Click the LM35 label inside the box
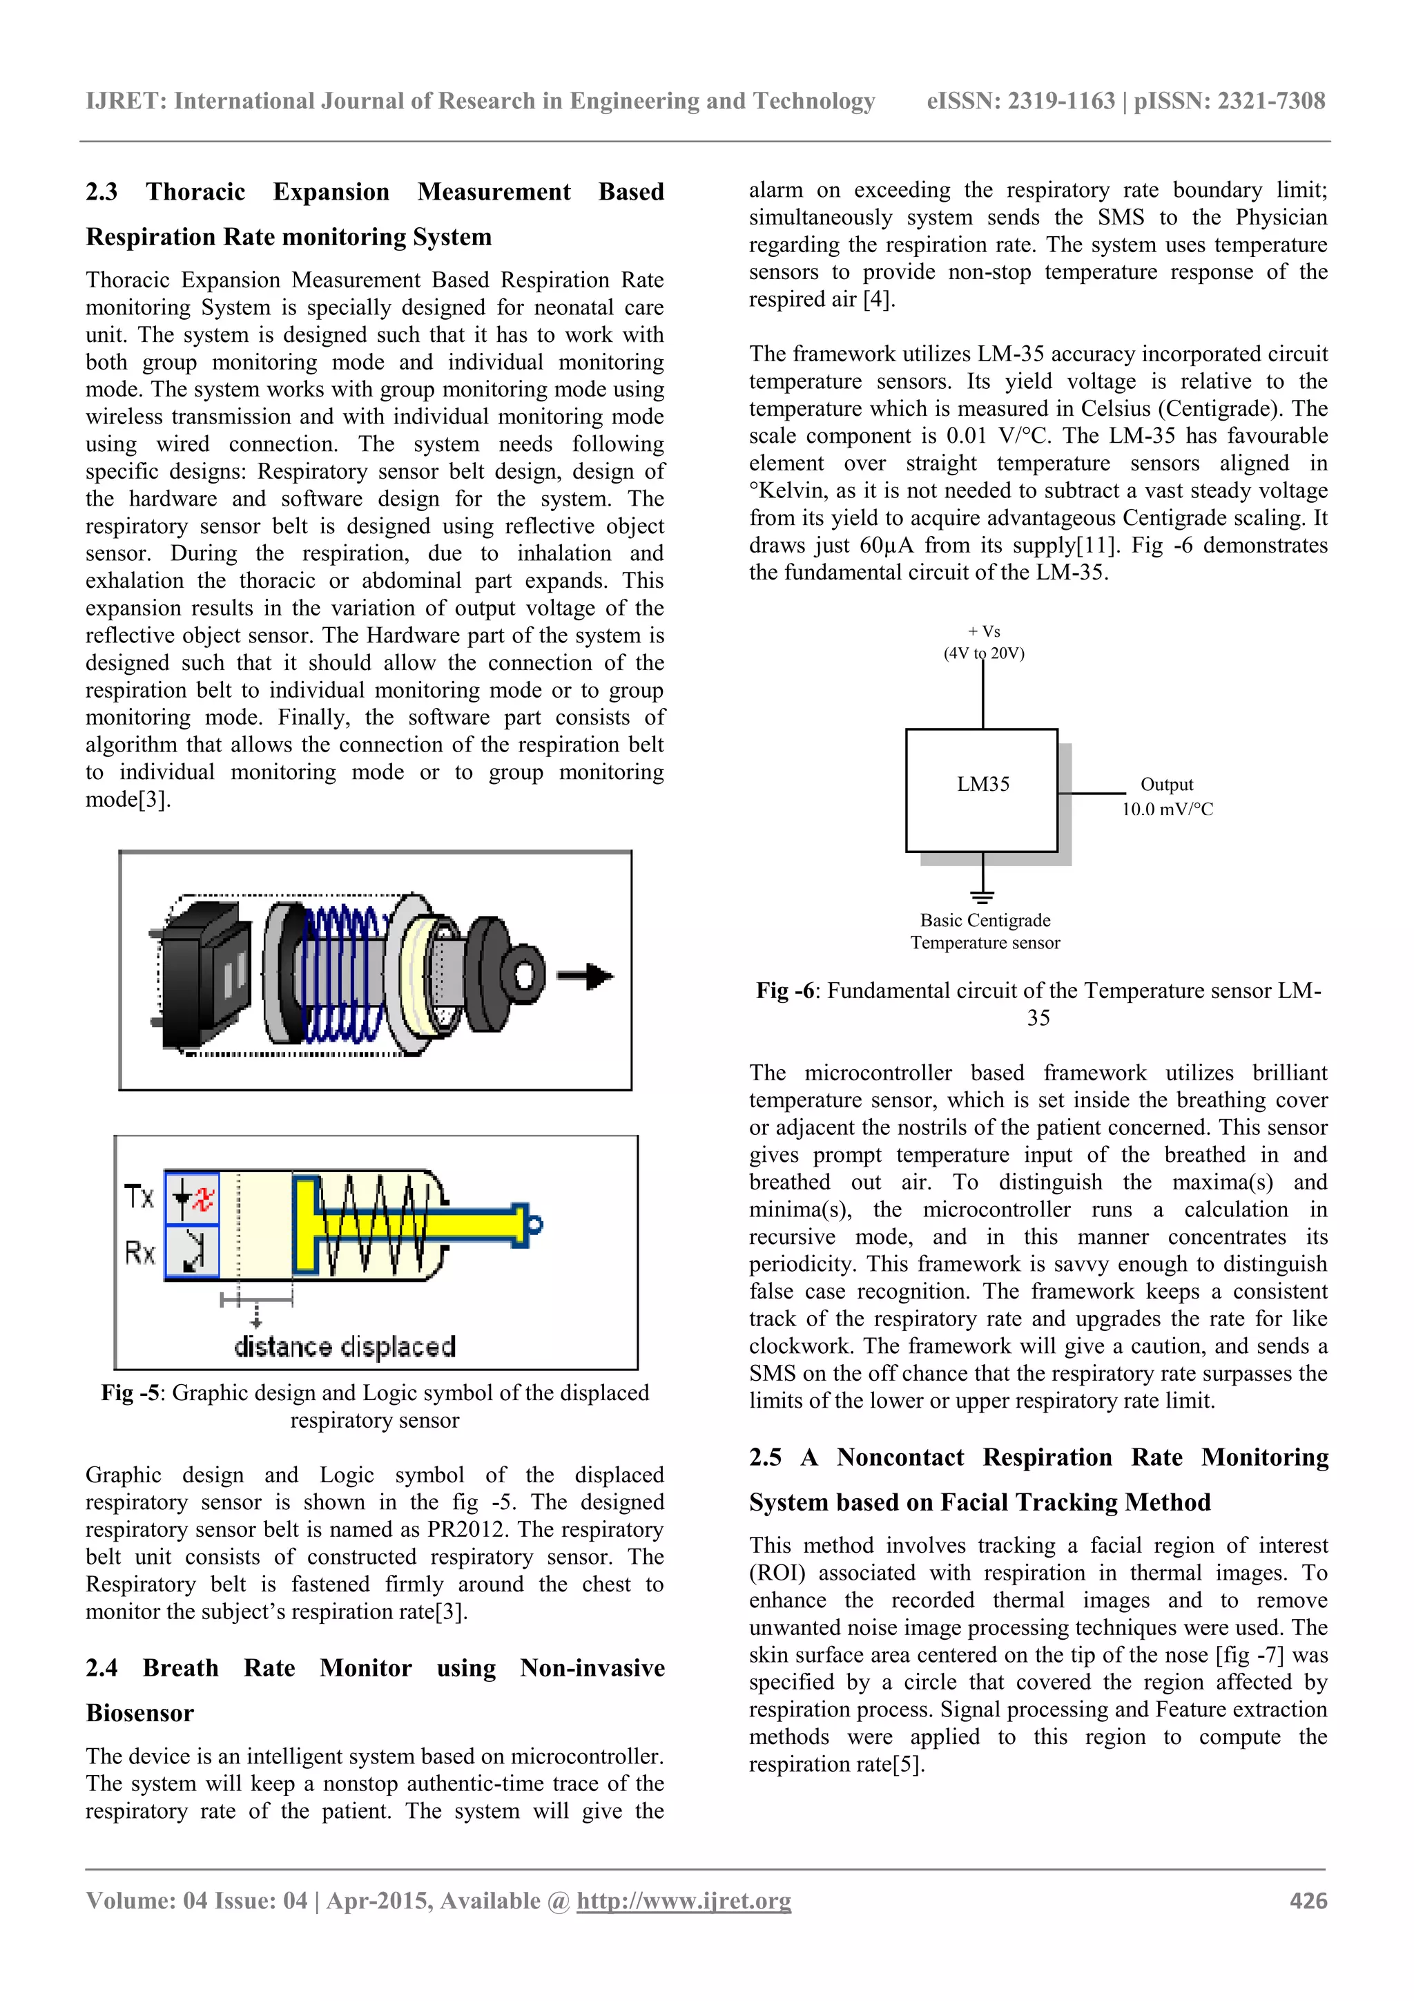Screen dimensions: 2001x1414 (x=982, y=785)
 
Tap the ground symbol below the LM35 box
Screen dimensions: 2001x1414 (x=982, y=896)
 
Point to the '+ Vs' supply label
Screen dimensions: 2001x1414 (x=984, y=631)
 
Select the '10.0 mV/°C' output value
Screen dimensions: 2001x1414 (x=1167, y=810)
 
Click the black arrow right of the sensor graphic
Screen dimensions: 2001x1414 (x=585, y=976)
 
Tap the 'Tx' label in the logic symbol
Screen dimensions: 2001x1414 (x=139, y=1196)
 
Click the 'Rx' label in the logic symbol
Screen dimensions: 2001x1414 (x=139, y=1253)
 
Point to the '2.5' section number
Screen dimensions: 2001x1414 (x=765, y=1457)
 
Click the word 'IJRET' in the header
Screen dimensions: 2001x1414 (x=126, y=101)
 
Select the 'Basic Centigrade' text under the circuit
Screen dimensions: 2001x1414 (x=985, y=920)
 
